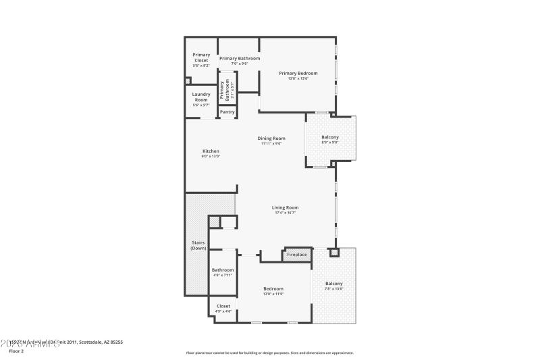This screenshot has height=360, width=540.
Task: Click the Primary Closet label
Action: click(x=201, y=57)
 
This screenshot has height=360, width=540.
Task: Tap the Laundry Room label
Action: click(x=201, y=97)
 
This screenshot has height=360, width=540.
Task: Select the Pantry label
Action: click(x=227, y=111)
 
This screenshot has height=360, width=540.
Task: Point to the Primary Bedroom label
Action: click(x=298, y=73)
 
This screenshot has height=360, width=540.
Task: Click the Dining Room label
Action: click(x=271, y=138)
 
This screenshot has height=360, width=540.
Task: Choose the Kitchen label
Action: click(x=211, y=151)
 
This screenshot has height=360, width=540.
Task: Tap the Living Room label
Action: click(x=285, y=207)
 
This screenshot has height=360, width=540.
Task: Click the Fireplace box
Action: click(x=297, y=255)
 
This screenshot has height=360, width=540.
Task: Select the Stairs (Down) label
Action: click(x=198, y=245)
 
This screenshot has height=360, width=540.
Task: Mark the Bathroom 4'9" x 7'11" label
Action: click(x=223, y=270)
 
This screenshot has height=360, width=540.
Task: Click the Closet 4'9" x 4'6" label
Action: click(x=223, y=306)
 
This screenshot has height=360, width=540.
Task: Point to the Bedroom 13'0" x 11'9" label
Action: click(x=273, y=289)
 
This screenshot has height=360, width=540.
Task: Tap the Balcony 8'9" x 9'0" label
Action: click(x=330, y=138)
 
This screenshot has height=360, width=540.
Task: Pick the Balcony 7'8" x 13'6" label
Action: click(x=334, y=284)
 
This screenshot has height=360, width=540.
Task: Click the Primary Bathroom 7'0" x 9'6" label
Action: click(x=240, y=59)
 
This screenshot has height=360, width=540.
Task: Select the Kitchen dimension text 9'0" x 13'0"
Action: click(x=211, y=156)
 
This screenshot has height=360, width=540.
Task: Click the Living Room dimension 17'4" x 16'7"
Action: click(x=285, y=213)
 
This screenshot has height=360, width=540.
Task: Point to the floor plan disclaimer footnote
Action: click(x=270, y=353)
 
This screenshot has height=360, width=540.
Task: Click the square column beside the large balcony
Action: click(x=333, y=253)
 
